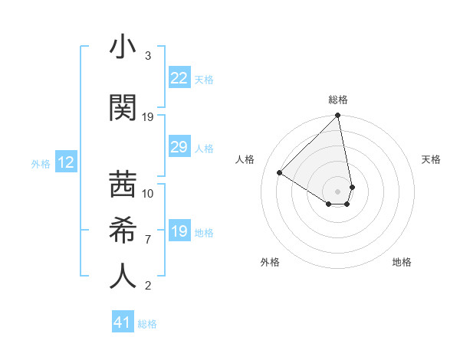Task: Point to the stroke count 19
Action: pos(148,117)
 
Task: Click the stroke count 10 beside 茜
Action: pos(148,193)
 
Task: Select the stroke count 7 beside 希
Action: pos(148,240)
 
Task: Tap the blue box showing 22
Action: pos(179,78)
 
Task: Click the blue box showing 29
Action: pos(179,147)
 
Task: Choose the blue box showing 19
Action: pos(179,231)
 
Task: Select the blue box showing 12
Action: pos(65,162)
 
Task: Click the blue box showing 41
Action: pos(123,322)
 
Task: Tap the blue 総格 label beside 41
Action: pos(147,324)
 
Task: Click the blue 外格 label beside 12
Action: pos(41,163)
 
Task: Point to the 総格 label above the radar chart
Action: pos(338,100)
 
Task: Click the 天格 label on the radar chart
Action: pos(432,159)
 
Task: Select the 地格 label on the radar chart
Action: pos(402,262)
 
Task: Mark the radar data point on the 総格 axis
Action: pos(338,116)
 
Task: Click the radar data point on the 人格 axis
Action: pos(280,172)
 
